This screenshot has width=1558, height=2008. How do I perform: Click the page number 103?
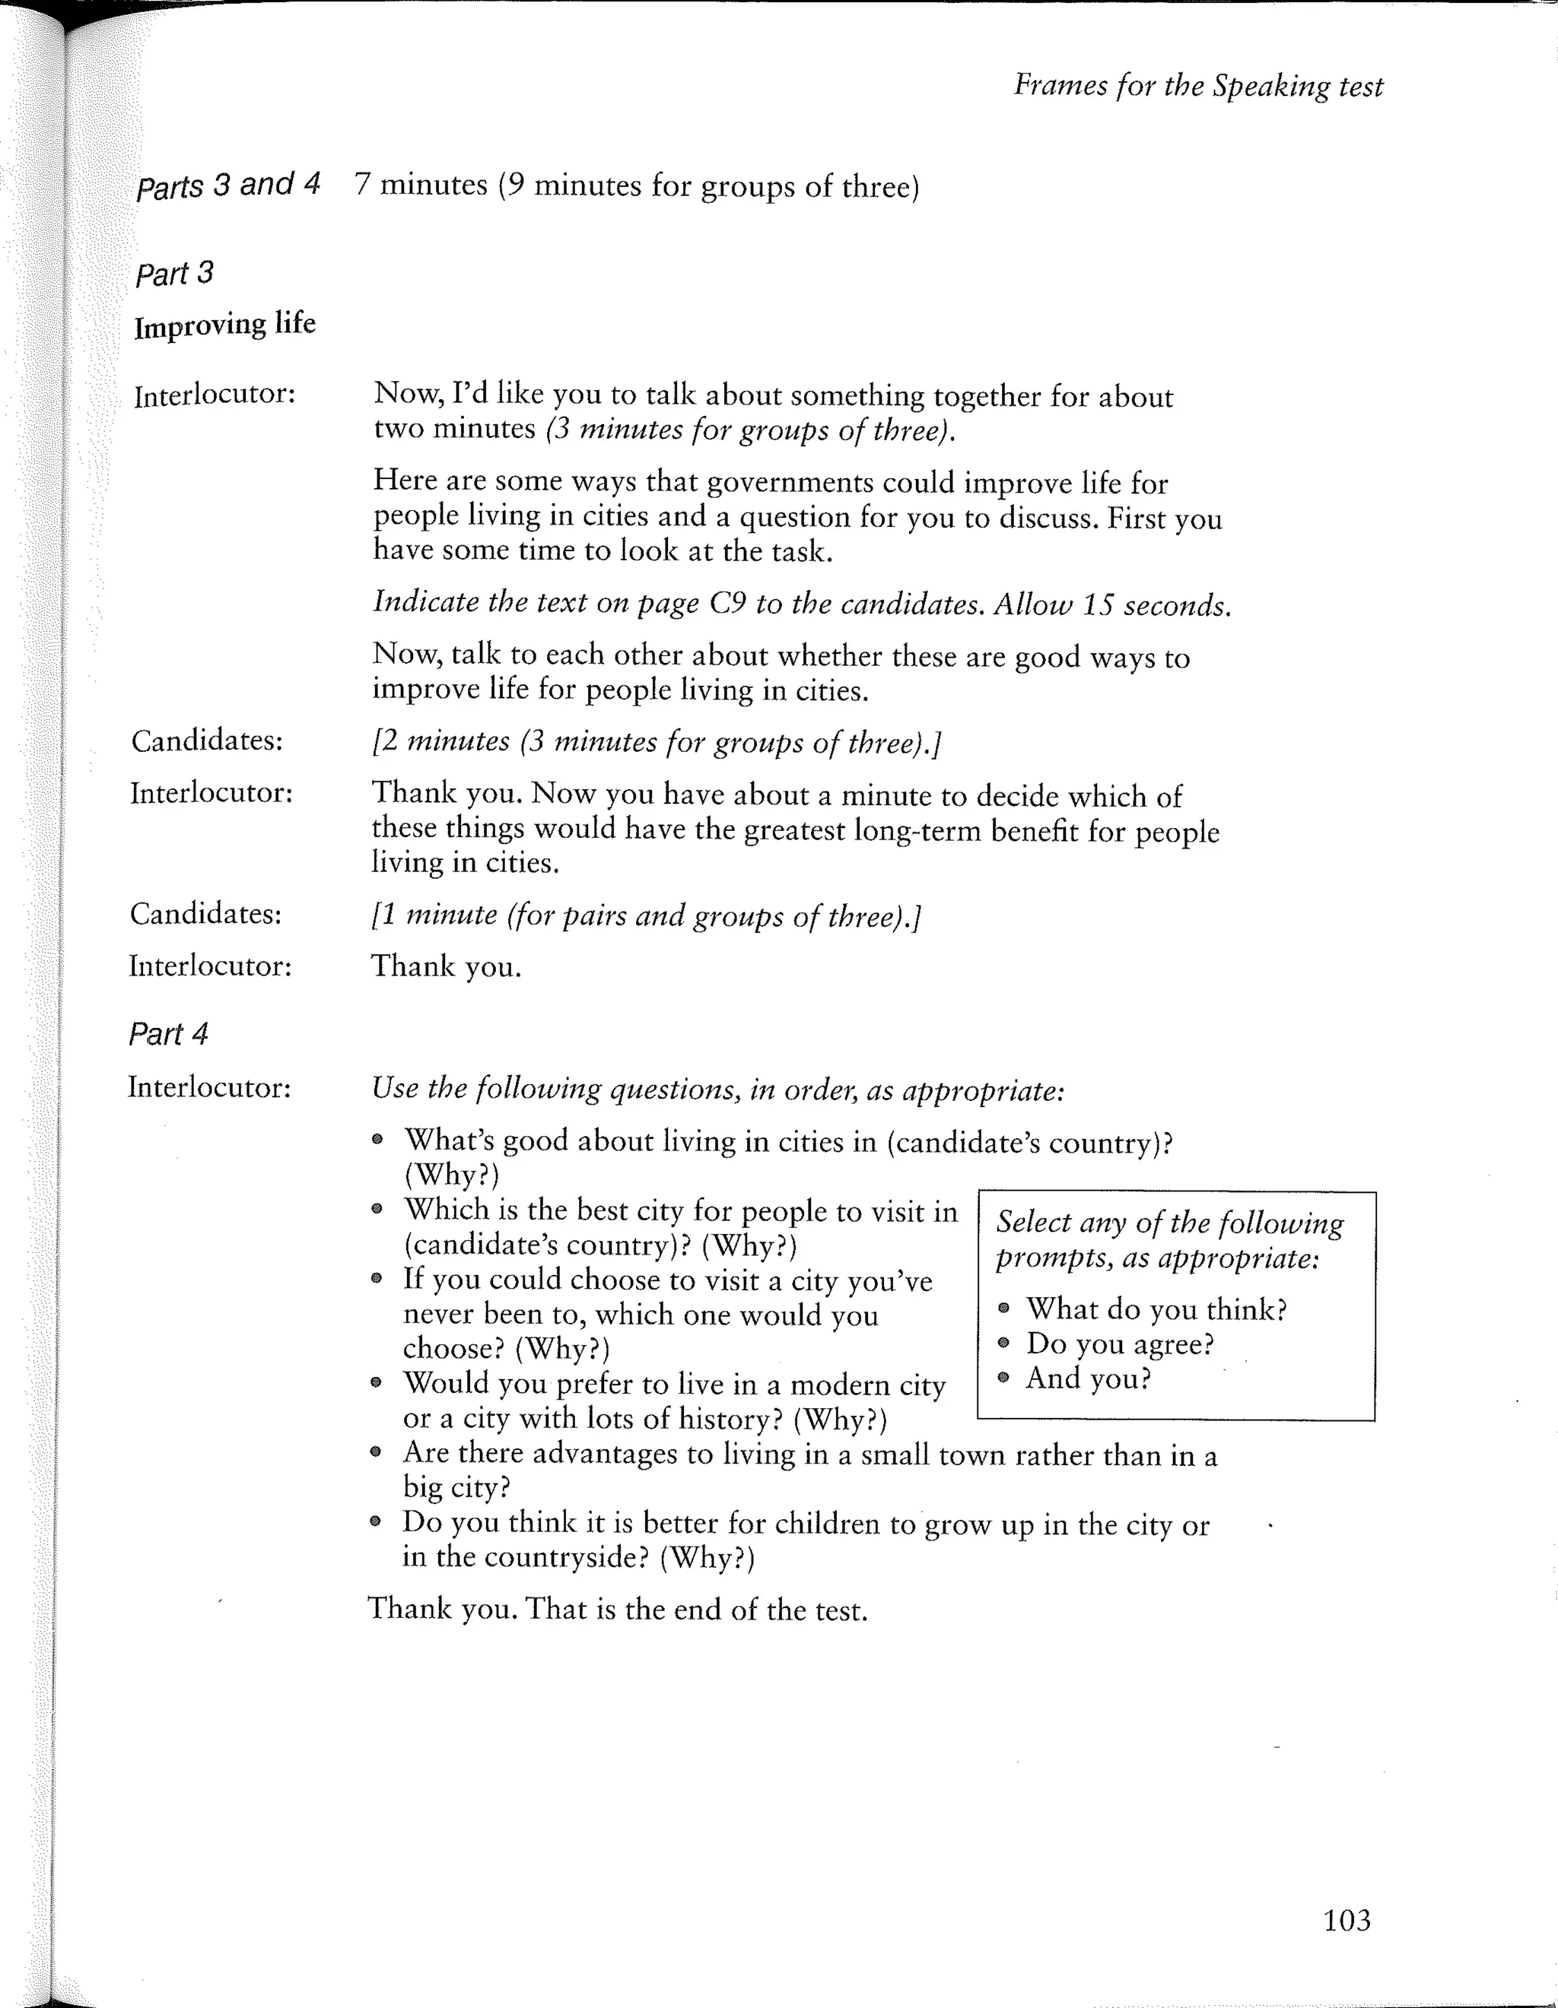coord(1346,1920)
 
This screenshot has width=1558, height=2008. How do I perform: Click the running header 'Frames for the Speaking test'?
coord(1197,85)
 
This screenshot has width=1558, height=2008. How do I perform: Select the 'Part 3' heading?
coord(173,273)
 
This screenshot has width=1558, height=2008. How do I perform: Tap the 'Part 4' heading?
coord(168,1033)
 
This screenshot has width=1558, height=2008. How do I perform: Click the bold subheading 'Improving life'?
coord(224,325)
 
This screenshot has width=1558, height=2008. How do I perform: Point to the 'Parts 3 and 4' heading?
coord(227,185)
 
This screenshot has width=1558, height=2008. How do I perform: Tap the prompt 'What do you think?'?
coord(1156,1309)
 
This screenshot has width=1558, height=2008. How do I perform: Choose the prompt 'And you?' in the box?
coord(1088,1379)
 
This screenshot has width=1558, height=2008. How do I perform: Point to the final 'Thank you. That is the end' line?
coord(617,1609)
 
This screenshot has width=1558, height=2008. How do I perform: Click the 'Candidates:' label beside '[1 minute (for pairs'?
coord(205,914)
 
